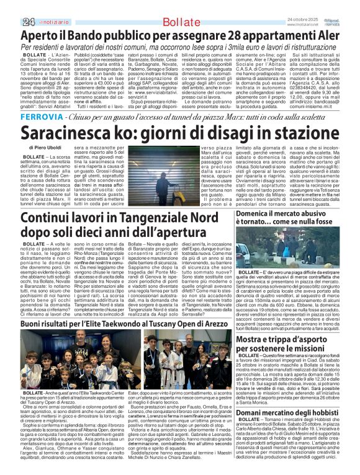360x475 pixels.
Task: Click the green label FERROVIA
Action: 37,117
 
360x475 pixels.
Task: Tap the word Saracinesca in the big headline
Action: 78,133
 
